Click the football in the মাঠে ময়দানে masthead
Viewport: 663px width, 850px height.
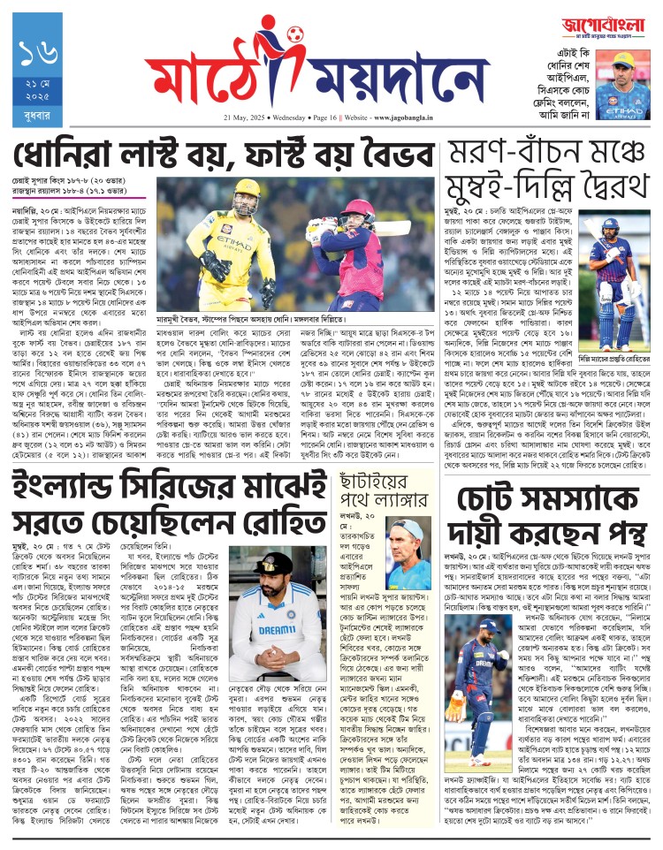(x=294, y=36)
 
